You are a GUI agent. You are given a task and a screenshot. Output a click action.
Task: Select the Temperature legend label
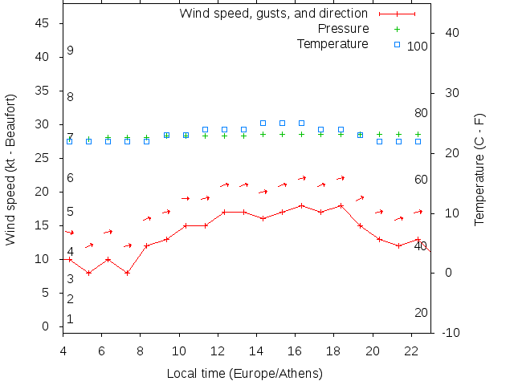coord(332,43)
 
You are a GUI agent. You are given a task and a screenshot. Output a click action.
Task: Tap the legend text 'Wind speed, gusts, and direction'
coord(273,14)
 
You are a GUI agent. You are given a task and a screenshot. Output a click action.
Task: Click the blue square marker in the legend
coord(397,44)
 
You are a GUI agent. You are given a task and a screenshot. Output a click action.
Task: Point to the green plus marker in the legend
coord(397,29)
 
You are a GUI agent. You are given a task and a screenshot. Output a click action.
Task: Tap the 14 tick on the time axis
coord(256,351)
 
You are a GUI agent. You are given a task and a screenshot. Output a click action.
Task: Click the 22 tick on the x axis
coord(411,351)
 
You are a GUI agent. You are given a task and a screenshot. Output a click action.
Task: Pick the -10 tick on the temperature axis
coord(451,333)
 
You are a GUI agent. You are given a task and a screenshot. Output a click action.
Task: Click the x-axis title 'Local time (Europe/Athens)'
coord(244,374)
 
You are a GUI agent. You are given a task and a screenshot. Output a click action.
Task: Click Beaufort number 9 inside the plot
coord(71,51)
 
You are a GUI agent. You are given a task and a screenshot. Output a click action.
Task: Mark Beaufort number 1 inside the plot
coord(71,319)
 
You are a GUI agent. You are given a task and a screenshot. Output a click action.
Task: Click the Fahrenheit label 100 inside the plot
coord(418,47)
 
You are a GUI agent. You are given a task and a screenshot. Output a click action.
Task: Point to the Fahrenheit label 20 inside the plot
coord(421,313)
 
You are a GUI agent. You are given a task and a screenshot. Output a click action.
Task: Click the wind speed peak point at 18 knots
coord(302,205)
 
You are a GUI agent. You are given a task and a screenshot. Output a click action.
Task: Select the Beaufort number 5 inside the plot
coord(71,212)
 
